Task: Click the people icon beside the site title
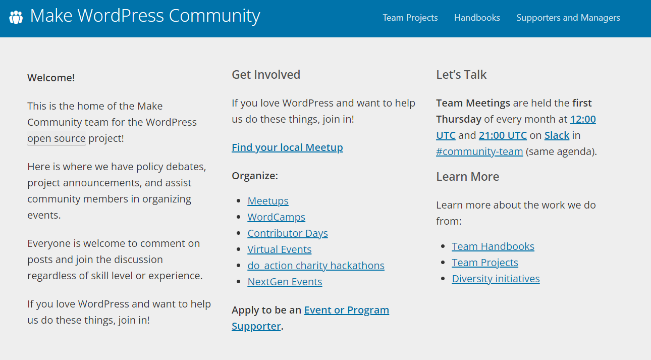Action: [x=16, y=17]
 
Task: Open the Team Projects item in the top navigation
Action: [x=410, y=18]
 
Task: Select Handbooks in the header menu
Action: [x=477, y=18]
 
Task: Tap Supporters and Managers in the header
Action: [x=568, y=18]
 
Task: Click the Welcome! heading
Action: [x=51, y=78]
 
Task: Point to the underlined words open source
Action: [x=57, y=138]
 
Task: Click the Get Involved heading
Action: [x=266, y=75]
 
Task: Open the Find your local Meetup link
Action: [x=287, y=147]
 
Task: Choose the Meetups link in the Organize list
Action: [x=268, y=201]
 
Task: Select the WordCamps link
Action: [x=277, y=217]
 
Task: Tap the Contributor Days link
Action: [x=288, y=233]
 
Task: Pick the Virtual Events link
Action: [x=279, y=249]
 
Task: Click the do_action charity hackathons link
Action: [x=316, y=266]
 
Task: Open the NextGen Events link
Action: [x=285, y=282]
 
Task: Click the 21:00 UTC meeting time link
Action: [x=503, y=135]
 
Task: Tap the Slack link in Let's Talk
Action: [x=557, y=135]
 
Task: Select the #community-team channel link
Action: [x=479, y=151]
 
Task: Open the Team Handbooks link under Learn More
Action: [x=493, y=246]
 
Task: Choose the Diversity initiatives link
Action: [x=496, y=279]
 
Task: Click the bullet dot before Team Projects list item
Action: [x=443, y=262]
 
